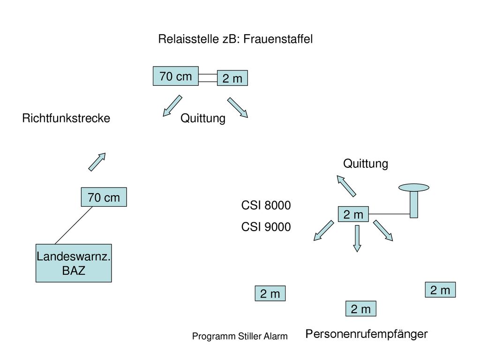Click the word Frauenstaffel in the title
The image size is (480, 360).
(x=278, y=39)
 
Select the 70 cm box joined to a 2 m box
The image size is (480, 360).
(x=176, y=76)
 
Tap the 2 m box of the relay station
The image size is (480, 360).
(x=232, y=78)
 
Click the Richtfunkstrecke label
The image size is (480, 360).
(x=66, y=118)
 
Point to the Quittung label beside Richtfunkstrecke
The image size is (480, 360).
(x=203, y=119)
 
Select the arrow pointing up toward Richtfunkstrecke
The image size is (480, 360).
(x=97, y=162)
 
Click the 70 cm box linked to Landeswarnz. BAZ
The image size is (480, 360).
(x=104, y=197)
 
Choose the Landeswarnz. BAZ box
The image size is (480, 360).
(x=74, y=263)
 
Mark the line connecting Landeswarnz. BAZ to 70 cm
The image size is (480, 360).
(x=74, y=225)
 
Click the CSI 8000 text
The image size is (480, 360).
(x=266, y=205)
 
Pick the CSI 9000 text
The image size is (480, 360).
(x=266, y=227)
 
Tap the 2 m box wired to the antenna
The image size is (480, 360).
(x=353, y=214)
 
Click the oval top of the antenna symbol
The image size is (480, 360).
(x=414, y=187)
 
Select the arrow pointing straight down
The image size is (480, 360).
(x=357, y=239)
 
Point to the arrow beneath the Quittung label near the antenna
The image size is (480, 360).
(x=346, y=186)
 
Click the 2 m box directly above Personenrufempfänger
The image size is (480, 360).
(x=361, y=308)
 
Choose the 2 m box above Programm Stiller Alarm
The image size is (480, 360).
(x=270, y=293)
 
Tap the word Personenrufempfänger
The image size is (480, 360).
(x=367, y=334)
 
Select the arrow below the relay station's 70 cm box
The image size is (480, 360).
(x=172, y=105)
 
